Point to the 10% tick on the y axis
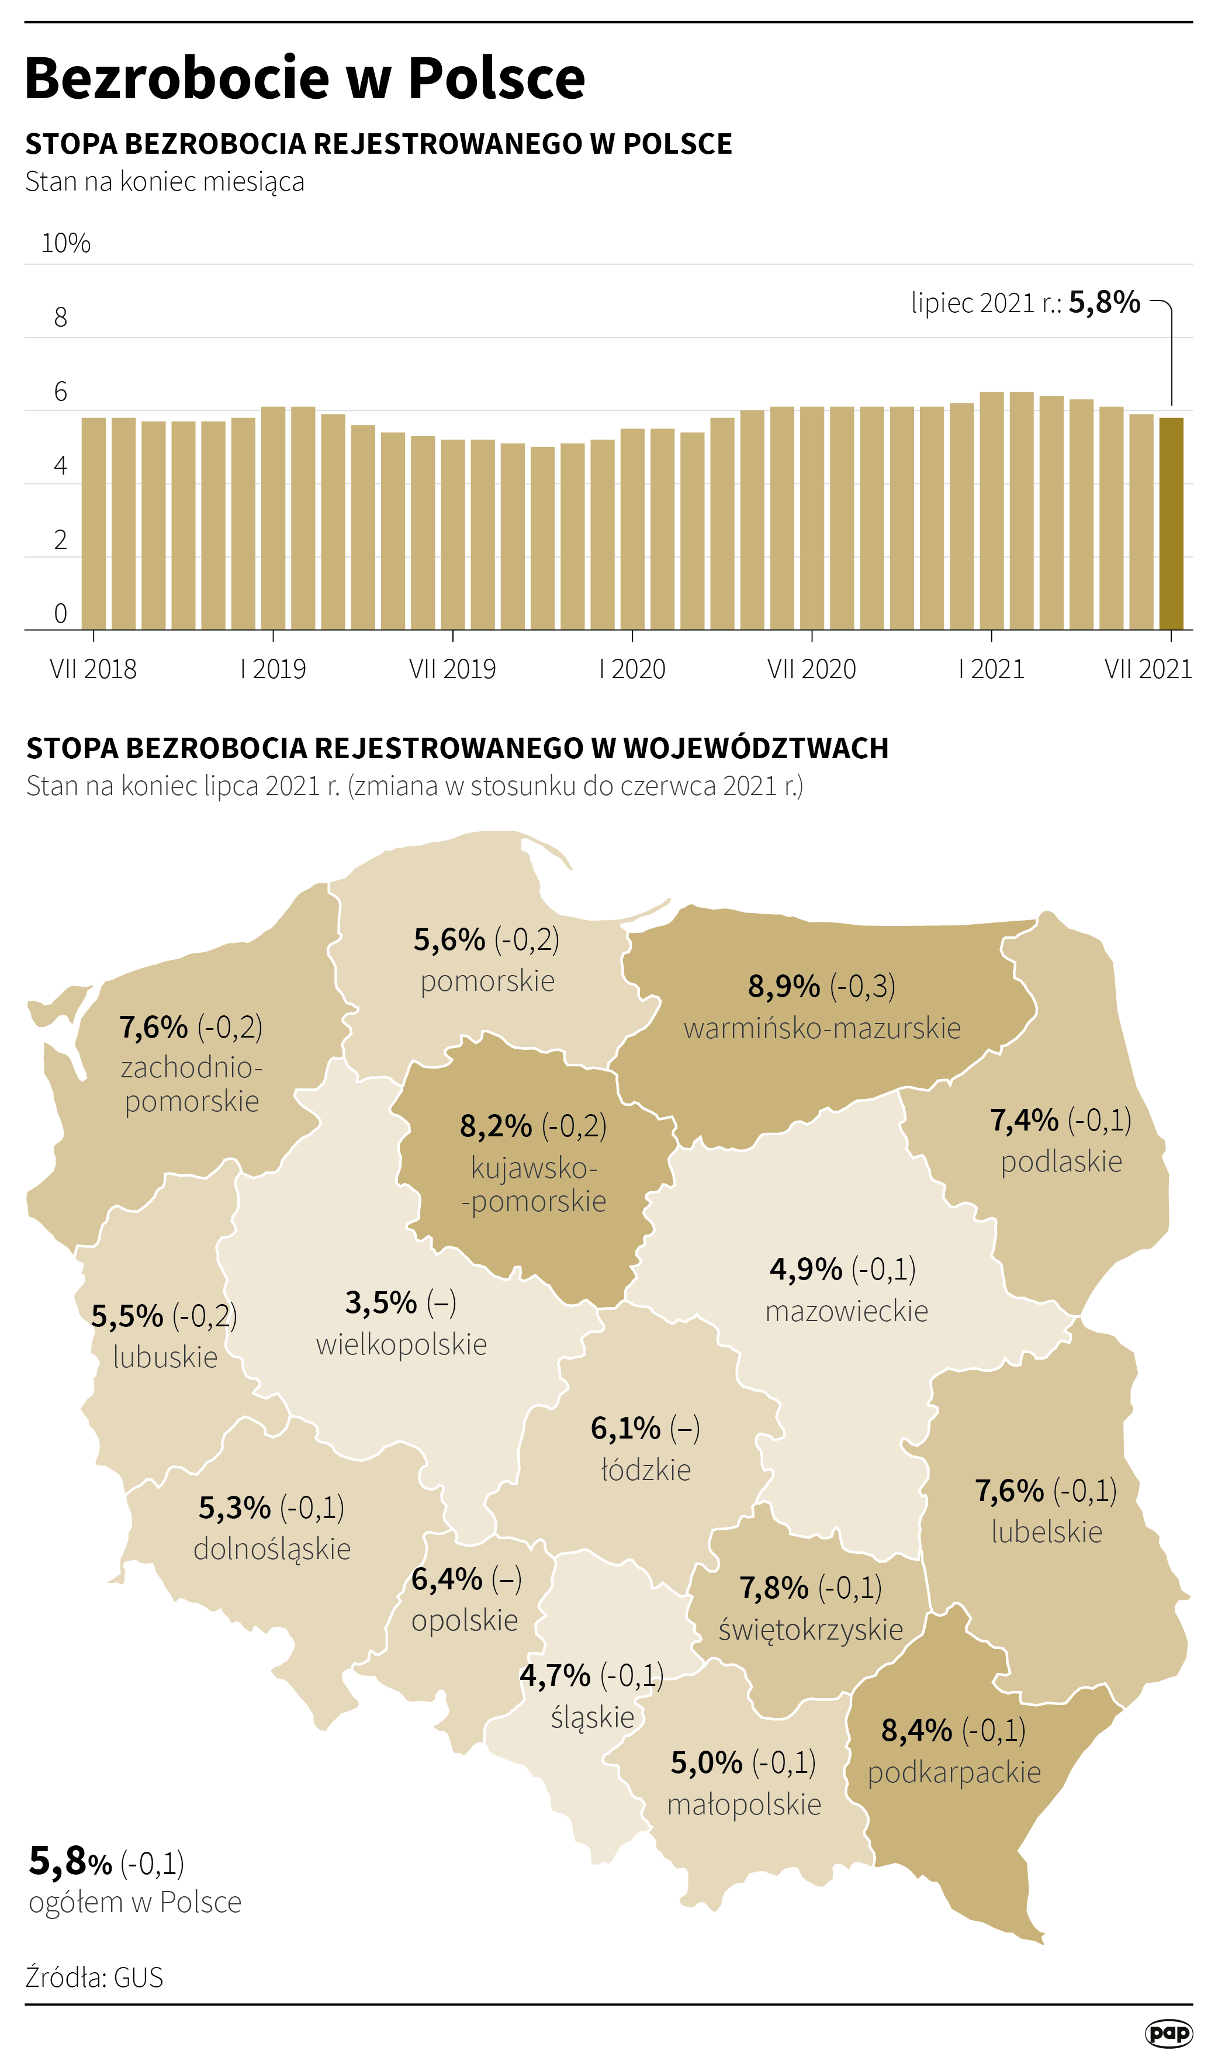(65, 243)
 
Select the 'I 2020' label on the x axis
(632, 669)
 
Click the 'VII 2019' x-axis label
(453, 669)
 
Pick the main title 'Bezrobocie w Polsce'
(305, 79)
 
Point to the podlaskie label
(1061, 1161)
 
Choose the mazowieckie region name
(846, 1311)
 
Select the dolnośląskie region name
(272, 1549)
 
